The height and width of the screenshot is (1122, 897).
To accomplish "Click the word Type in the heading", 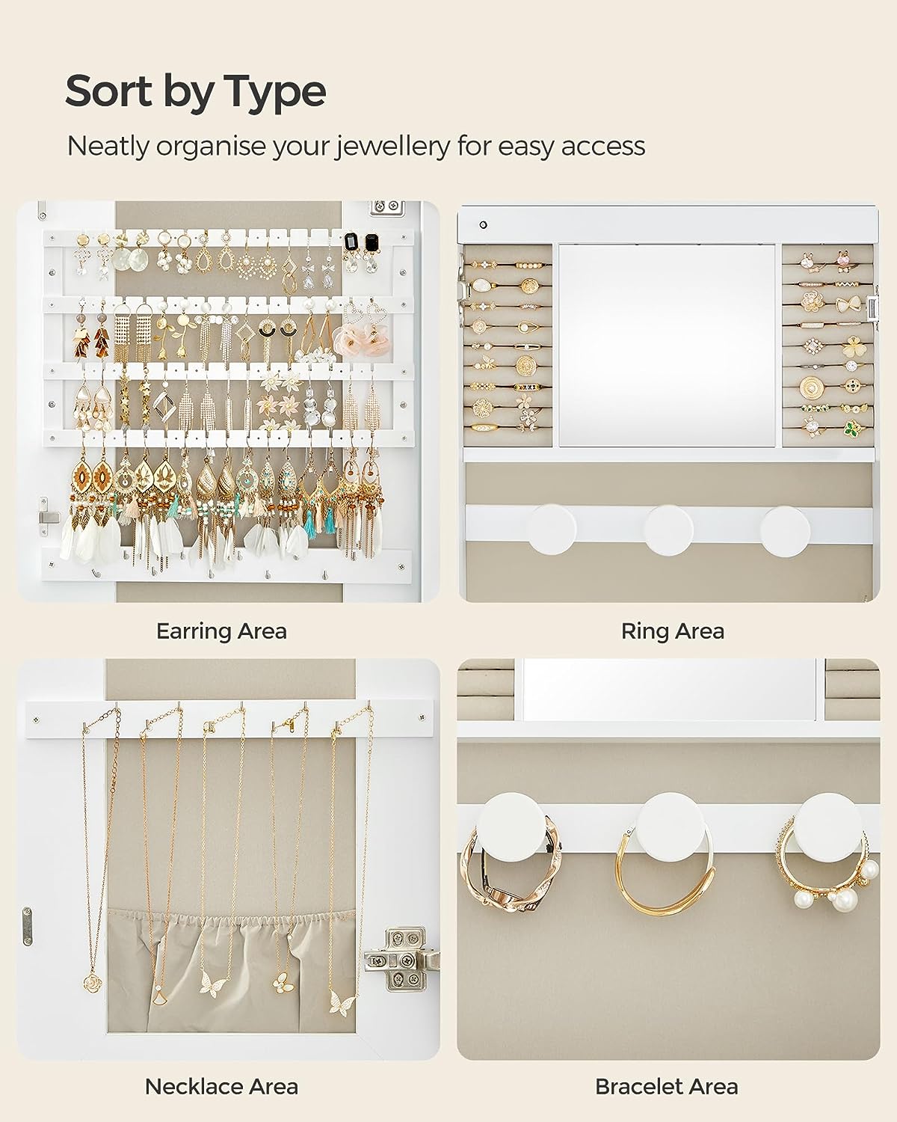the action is [275, 93].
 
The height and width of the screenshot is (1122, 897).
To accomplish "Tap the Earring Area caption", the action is [221, 631].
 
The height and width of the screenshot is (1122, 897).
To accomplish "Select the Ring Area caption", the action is [672, 631].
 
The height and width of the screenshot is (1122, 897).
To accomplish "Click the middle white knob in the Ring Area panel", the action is [669, 529].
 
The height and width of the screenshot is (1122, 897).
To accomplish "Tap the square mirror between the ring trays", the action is [666, 345].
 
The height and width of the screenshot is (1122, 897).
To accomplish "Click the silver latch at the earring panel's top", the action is [388, 209].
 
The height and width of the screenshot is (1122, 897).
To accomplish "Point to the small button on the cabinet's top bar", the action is [483, 224].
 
